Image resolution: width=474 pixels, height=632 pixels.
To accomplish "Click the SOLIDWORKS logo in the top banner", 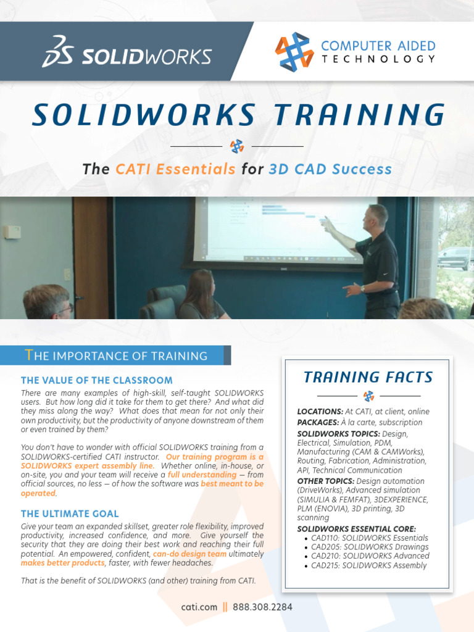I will tap(127, 52).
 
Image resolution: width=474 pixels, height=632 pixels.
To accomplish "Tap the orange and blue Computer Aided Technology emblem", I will tap(294, 52).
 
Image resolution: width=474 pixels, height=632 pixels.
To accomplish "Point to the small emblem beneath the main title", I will tap(237, 146).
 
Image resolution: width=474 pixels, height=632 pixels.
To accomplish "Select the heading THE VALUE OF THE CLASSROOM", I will tap(97, 380).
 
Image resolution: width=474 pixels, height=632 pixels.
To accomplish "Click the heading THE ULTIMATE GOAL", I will tap(70, 513).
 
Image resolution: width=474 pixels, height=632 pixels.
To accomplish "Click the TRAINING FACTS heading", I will tap(368, 376).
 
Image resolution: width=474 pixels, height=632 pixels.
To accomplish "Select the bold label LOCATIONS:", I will tap(320, 412).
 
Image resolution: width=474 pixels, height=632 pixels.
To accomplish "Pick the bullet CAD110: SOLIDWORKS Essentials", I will tap(369, 538).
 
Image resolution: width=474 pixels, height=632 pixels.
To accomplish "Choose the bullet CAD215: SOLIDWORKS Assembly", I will tap(368, 565).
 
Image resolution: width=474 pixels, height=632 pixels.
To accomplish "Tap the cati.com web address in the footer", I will tap(199, 607).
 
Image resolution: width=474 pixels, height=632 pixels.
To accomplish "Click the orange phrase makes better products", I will tap(63, 563).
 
